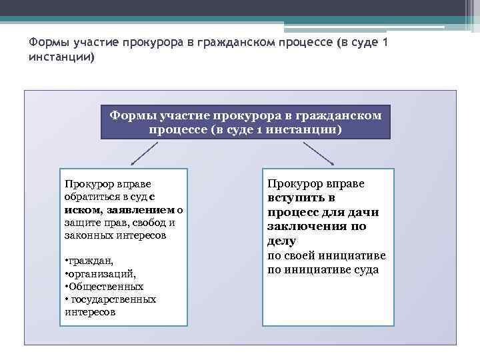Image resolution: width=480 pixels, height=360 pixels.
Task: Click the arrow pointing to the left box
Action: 143,153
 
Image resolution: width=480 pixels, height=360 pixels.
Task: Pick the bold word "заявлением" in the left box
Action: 139,210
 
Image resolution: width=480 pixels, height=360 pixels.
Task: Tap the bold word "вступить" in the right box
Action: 301,198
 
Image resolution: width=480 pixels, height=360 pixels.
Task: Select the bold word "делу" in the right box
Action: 281,241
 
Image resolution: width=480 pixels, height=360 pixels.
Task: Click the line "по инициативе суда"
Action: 323,270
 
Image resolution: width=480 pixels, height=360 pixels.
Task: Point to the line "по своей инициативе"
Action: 326,256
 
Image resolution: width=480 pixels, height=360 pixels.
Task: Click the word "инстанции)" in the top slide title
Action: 62,58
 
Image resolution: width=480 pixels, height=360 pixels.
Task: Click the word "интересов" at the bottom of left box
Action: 90,311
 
